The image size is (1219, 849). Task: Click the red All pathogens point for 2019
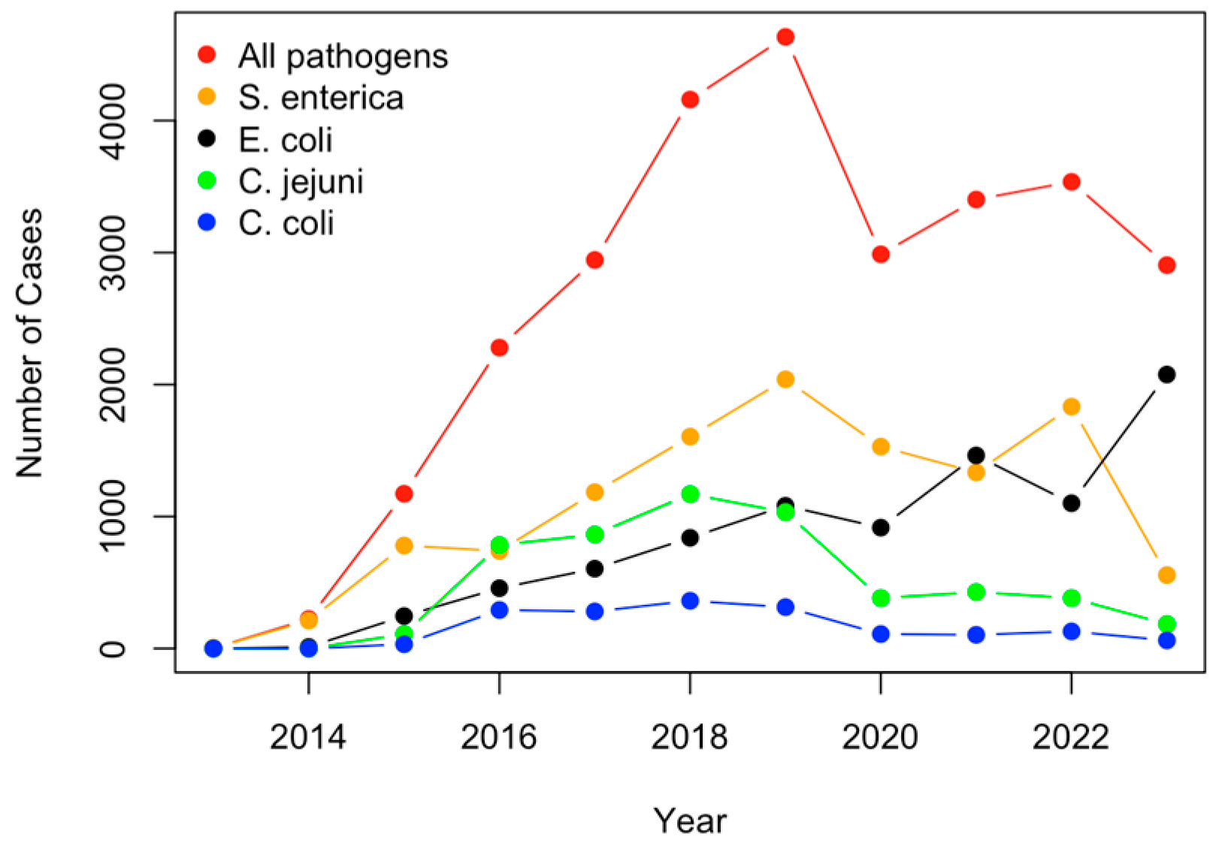coord(785,37)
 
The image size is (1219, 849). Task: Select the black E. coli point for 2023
coord(1166,374)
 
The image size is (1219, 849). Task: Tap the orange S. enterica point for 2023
coord(1166,575)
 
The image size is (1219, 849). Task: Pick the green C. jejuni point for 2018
coord(690,494)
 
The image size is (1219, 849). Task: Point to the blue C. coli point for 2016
coord(499,609)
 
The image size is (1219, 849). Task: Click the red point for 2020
coord(881,254)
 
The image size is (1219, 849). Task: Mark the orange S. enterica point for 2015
coord(404,545)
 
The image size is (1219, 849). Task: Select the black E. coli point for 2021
coord(976,455)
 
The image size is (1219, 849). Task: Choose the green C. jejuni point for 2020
coord(881,597)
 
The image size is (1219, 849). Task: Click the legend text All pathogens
coord(343,56)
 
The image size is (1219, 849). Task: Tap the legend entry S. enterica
coord(321,98)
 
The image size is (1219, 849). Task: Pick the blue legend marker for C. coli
coord(207,222)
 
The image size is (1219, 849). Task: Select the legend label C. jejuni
coord(301,181)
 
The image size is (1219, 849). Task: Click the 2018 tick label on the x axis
coord(689,736)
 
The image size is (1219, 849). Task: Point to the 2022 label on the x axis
coord(1070,736)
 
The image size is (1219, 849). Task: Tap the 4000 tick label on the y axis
coord(113,121)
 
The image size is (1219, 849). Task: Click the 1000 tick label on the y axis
coord(113,516)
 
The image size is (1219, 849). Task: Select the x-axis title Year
coord(689,820)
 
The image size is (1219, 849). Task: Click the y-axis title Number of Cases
coord(30,343)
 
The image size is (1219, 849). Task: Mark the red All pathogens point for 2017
coord(594,259)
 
